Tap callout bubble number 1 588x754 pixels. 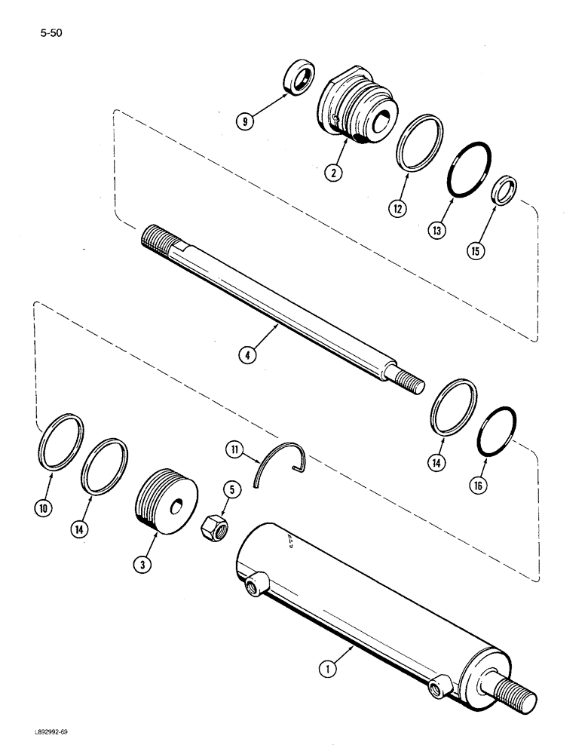(x=328, y=666)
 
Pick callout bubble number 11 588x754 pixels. (x=234, y=451)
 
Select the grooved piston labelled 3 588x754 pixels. (x=164, y=500)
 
